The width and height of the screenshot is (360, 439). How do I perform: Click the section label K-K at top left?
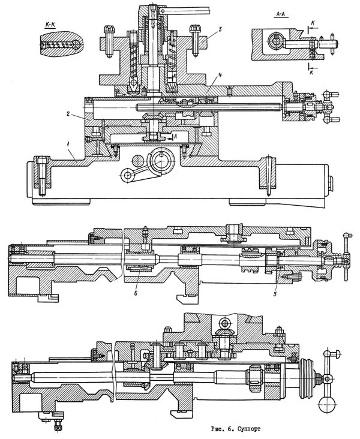tap(50, 25)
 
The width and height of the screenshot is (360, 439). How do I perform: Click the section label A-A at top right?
tap(281, 14)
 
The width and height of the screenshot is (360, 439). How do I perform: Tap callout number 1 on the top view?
tap(67, 144)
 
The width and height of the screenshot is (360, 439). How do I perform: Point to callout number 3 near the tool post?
tap(220, 29)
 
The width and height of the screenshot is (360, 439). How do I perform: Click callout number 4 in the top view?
tap(220, 75)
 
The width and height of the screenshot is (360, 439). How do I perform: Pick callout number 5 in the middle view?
tap(275, 294)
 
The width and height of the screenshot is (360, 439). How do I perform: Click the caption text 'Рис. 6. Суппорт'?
tap(236, 429)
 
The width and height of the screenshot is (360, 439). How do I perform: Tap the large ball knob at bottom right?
tap(327, 405)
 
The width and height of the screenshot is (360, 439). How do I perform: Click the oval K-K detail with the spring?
tap(61, 44)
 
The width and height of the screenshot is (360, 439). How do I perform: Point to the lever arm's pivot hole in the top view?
tap(127, 176)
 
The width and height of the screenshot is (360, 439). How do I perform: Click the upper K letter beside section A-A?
tap(313, 24)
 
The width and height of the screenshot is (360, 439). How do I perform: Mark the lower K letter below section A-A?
tap(312, 73)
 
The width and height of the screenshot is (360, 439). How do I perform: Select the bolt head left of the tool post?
tap(109, 29)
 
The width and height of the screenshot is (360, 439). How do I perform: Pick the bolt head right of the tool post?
tap(194, 29)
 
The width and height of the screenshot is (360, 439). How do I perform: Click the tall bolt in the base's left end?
tap(41, 176)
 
